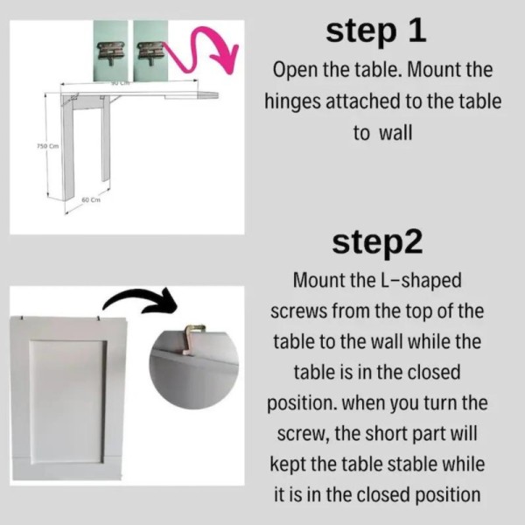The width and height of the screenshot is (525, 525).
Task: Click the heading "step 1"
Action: point(376,31)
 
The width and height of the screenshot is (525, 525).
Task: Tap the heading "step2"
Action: point(377,243)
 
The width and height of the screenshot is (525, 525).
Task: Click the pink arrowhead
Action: point(227,58)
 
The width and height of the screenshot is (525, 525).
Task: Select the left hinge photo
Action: point(110,51)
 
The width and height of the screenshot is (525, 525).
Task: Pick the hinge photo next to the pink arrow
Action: point(150,51)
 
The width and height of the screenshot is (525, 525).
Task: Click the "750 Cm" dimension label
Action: point(47,146)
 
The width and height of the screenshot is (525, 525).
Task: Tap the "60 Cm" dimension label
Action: point(91,199)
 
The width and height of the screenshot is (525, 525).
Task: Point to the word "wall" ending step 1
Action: point(395,133)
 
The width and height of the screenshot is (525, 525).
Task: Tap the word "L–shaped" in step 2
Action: point(421,281)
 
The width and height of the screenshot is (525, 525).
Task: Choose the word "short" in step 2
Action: point(385,434)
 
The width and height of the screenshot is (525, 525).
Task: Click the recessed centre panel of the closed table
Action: point(67,402)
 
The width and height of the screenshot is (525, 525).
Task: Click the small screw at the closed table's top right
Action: point(99,318)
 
